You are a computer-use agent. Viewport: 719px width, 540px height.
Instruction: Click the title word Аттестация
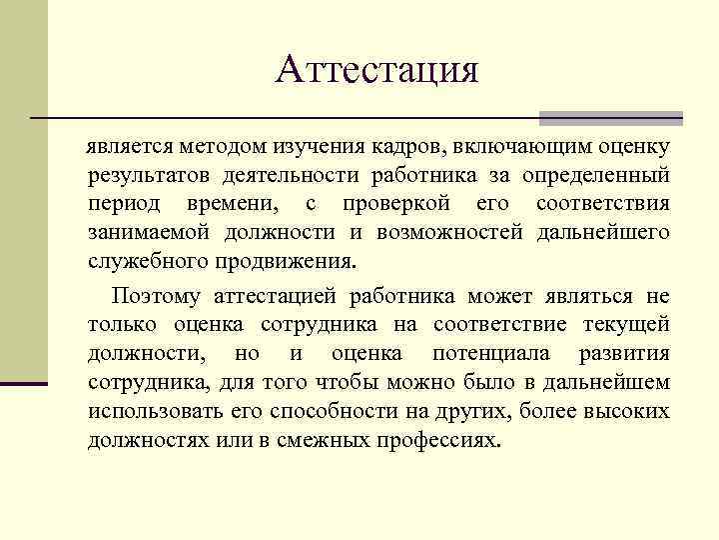377,69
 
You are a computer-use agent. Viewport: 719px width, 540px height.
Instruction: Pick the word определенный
604,176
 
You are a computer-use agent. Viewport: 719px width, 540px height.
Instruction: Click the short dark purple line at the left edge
24,383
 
